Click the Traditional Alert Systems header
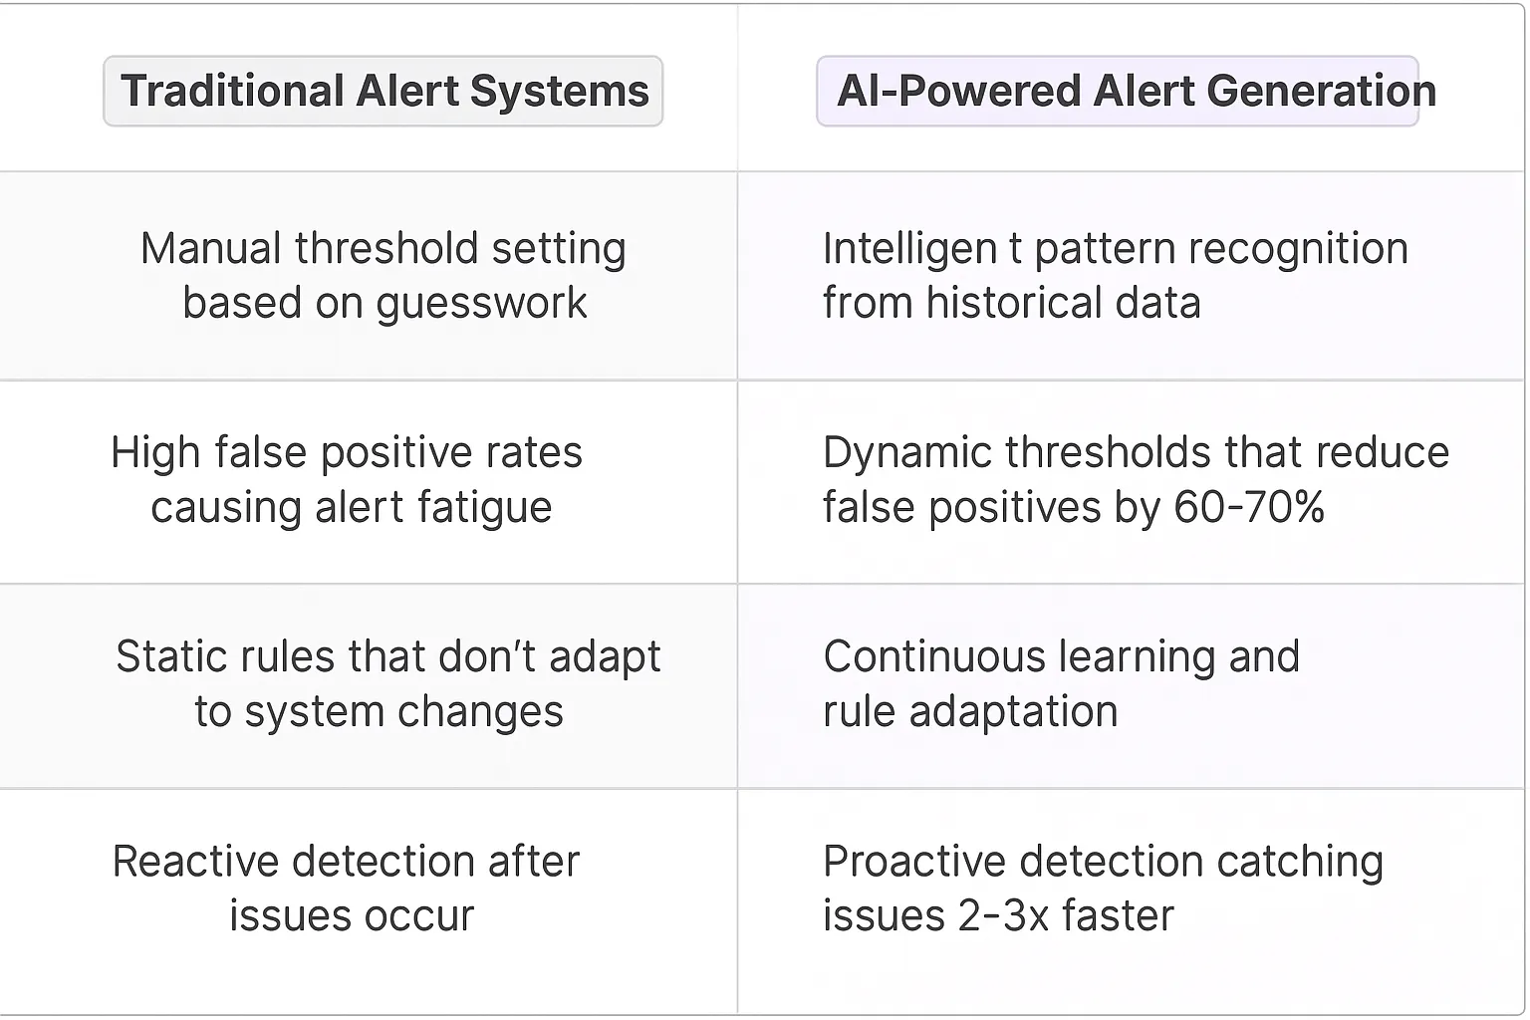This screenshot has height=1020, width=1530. (x=383, y=92)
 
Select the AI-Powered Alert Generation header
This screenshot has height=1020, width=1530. (x=1136, y=92)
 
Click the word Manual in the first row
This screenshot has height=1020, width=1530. (x=210, y=249)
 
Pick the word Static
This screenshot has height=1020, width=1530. (x=169, y=657)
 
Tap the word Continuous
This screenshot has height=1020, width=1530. (x=933, y=657)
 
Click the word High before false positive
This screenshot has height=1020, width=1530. (x=152, y=453)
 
